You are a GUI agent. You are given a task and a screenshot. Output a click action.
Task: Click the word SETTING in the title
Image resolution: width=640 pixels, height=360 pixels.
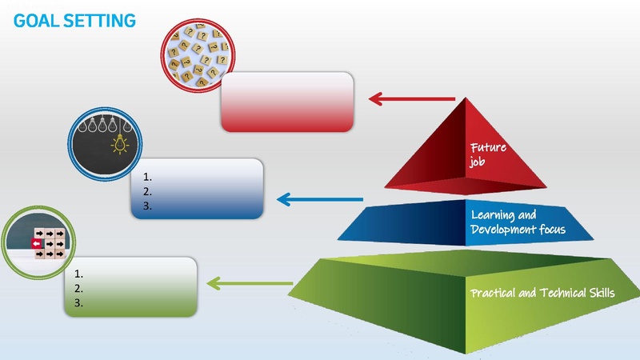coord(102,20)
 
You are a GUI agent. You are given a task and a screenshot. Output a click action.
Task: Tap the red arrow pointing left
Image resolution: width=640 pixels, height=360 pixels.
coord(411,99)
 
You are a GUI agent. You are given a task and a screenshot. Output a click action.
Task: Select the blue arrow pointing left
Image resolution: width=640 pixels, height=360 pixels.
coord(319,198)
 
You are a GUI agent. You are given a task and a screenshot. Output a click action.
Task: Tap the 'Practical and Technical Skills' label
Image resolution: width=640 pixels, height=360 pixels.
coord(543,293)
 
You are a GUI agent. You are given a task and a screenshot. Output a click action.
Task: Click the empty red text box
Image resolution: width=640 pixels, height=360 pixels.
coord(287,101)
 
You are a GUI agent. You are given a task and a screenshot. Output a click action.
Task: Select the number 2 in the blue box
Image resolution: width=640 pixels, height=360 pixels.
coord(146,191)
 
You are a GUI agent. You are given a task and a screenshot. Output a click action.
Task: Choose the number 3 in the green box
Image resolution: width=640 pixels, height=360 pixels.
coord(78,303)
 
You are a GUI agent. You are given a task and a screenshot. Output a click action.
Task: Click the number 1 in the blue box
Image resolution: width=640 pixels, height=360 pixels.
coord(146,177)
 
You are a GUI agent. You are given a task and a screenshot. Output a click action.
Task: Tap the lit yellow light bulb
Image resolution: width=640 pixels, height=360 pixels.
coord(121,143)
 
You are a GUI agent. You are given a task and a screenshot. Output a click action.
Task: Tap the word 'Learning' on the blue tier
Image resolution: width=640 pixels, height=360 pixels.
coord(492,215)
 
